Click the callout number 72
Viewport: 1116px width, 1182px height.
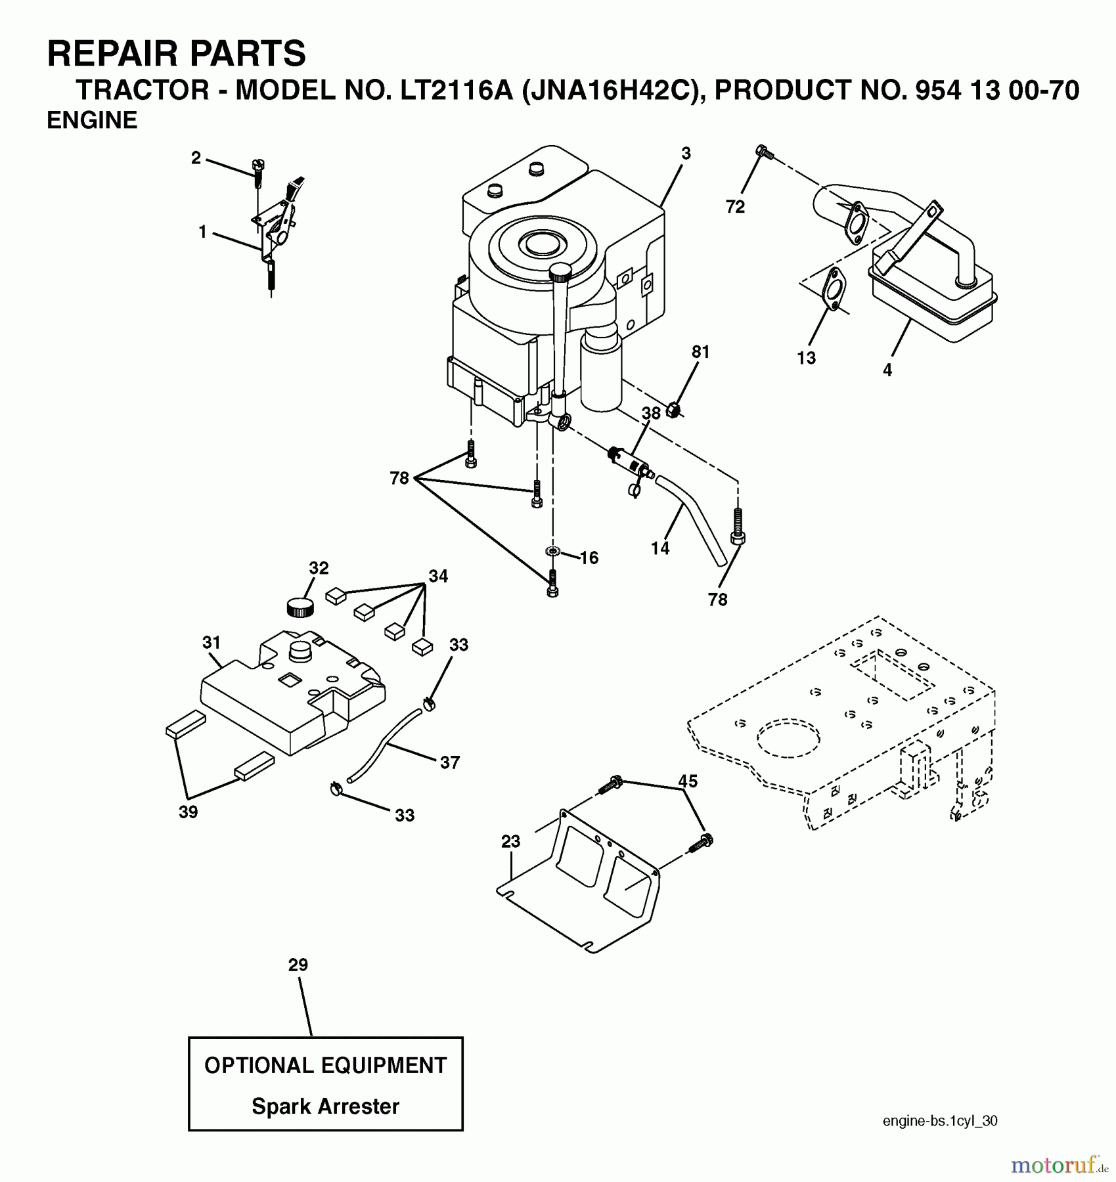[735, 206]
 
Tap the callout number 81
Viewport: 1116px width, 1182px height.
[701, 352]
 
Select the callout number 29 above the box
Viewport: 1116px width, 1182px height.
[298, 965]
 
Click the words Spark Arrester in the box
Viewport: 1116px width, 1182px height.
[325, 1106]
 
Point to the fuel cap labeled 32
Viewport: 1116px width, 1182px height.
[300, 607]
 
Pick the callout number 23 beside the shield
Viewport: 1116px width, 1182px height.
[510, 841]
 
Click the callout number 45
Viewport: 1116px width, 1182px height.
[688, 781]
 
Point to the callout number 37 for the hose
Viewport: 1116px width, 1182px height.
[450, 762]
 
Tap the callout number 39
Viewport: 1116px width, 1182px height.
[189, 812]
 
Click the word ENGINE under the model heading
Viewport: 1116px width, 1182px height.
[92, 120]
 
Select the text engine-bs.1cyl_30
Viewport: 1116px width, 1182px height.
[940, 1122]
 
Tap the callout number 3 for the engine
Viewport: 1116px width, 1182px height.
[686, 154]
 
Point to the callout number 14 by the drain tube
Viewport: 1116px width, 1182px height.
[660, 548]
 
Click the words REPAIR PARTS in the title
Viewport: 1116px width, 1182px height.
[176, 53]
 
